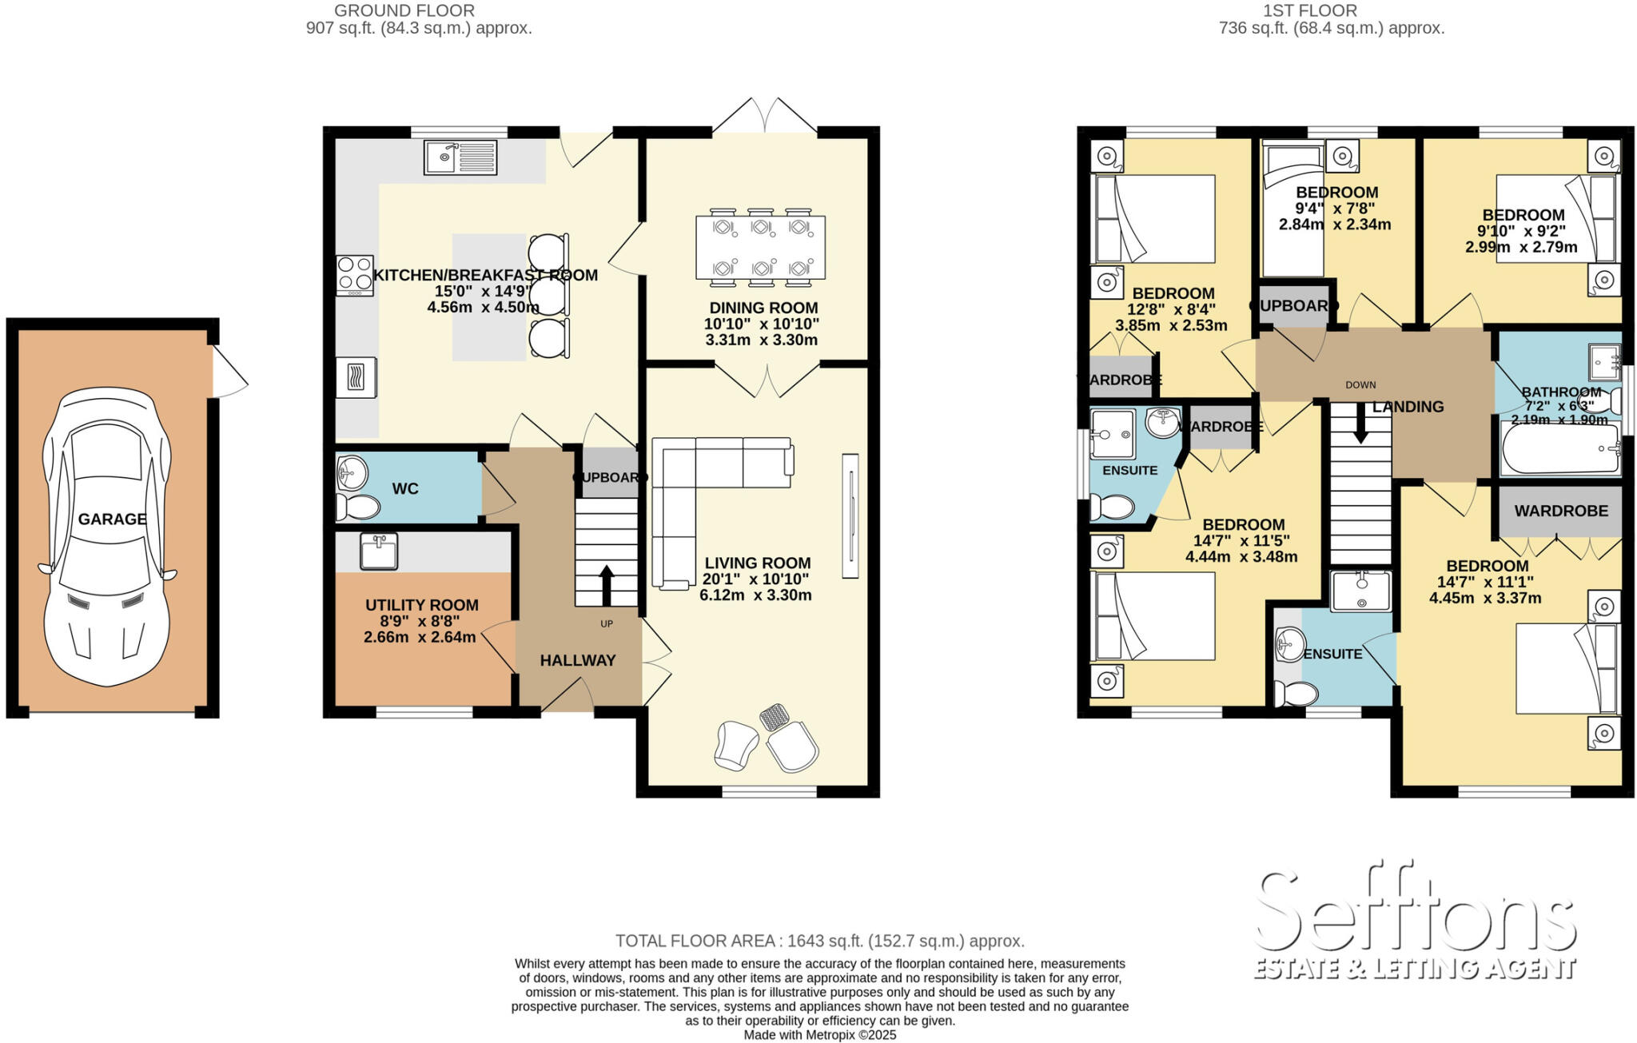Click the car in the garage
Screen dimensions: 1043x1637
point(107,536)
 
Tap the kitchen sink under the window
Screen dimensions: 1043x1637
point(460,157)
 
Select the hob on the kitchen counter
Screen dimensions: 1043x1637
point(354,274)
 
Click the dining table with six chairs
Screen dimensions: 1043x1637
point(760,248)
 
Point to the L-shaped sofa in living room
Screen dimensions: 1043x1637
point(703,496)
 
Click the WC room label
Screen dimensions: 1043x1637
point(405,489)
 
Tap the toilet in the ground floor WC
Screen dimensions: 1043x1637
point(357,507)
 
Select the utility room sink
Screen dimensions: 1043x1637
point(379,551)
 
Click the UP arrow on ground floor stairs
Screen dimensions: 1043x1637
point(606,585)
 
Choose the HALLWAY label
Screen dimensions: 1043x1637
point(577,661)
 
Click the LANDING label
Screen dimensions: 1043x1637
point(1408,407)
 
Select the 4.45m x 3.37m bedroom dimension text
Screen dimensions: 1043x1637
point(1485,598)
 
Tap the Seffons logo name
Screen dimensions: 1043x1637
point(1415,912)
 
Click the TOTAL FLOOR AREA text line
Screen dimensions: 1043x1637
point(819,941)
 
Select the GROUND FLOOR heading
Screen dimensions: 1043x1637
point(404,10)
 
